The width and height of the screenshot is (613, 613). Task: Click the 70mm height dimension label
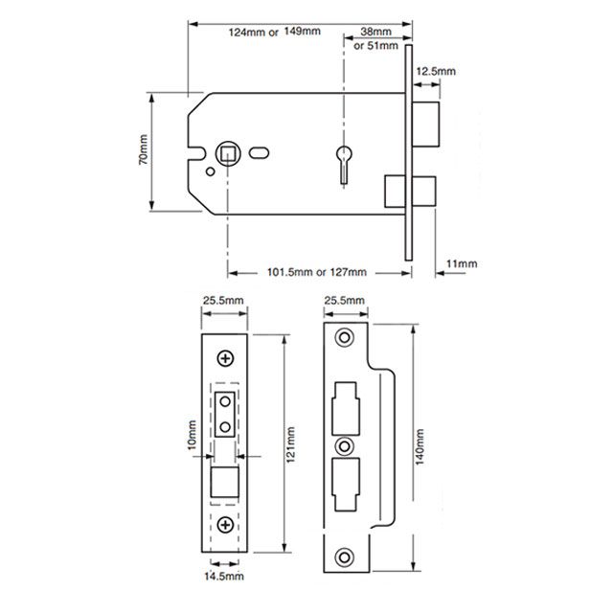(143, 150)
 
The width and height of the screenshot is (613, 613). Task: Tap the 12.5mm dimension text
(435, 72)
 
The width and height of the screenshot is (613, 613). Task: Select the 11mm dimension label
(462, 263)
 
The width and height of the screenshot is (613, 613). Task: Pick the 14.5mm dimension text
(224, 577)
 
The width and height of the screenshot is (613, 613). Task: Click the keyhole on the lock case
(344, 159)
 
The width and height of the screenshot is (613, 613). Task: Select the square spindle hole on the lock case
(228, 151)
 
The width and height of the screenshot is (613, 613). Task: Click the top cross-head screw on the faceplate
(226, 357)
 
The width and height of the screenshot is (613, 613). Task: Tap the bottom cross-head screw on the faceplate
(226, 525)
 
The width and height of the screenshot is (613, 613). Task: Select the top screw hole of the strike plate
(344, 338)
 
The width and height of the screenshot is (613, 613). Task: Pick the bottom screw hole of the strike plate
(344, 554)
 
